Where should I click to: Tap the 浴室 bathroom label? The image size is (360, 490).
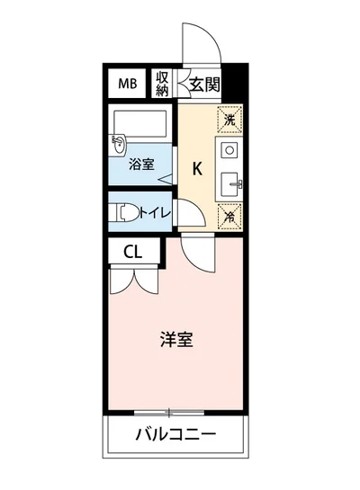[x=140, y=165]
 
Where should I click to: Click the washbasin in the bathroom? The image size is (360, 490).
[x=119, y=143]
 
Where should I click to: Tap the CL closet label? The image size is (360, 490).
[x=132, y=253]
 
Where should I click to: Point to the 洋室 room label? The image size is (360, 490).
[x=175, y=340]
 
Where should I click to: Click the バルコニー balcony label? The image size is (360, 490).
[x=175, y=436]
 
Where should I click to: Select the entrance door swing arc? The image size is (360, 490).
[x=199, y=45]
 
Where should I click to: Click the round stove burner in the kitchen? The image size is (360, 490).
[x=229, y=149]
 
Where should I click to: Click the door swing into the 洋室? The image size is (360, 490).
[x=197, y=254]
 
